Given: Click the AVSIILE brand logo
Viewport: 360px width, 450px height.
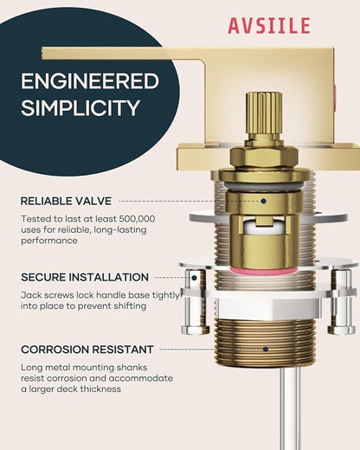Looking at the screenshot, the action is pyautogui.click(x=269, y=25).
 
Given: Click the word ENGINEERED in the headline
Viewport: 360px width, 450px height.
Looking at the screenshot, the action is pyautogui.click(x=90, y=81).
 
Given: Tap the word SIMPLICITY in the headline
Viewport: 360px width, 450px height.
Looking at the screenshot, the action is pyautogui.click(x=80, y=108).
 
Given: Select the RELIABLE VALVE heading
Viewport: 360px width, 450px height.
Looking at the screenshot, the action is pyautogui.click(x=66, y=201).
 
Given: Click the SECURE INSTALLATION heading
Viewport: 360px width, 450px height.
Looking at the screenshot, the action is pyautogui.click(x=85, y=278).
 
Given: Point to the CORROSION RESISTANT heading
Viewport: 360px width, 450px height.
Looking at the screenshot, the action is pyautogui.click(x=87, y=350).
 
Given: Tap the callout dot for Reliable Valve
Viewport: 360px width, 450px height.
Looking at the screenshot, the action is pyautogui.click(x=263, y=201).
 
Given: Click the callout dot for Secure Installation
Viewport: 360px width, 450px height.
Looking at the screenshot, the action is pyautogui.click(x=195, y=278).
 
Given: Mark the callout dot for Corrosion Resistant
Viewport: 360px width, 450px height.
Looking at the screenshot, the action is pyautogui.click(x=266, y=350).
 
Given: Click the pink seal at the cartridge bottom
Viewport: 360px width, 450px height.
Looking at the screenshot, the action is pyautogui.click(x=264, y=270).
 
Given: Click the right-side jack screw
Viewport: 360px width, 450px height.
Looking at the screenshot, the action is pyautogui.click(x=342, y=301).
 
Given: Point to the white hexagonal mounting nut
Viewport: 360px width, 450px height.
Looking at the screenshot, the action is pyautogui.click(x=269, y=308).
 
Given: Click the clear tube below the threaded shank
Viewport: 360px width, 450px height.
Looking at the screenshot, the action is pyautogui.click(x=291, y=408).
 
